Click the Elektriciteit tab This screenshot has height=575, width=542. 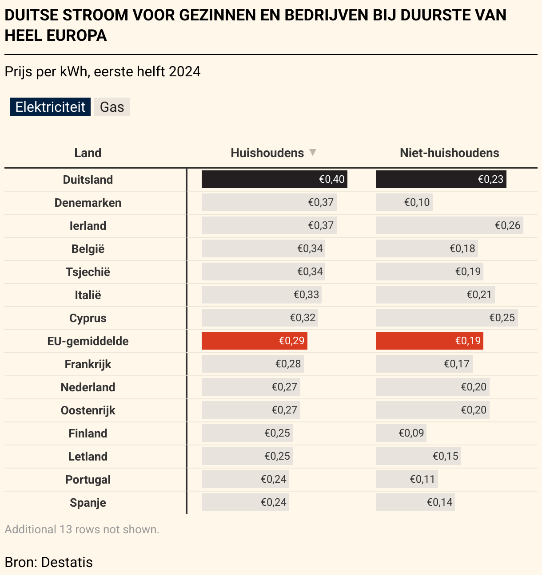pyautogui.click(x=50, y=107)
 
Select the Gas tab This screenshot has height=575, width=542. pyautogui.click(x=112, y=107)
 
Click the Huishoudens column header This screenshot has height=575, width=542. pyautogui.click(x=267, y=153)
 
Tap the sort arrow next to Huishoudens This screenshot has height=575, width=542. pyautogui.click(x=313, y=153)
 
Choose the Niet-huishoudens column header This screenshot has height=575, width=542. pyautogui.click(x=449, y=153)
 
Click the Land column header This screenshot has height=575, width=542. pyautogui.click(x=88, y=153)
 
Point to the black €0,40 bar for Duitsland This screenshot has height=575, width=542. pyautogui.click(x=274, y=179)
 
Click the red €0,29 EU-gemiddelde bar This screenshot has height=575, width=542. pyautogui.click(x=254, y=341)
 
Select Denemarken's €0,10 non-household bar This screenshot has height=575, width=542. pyautogui.click(x=404, y=202)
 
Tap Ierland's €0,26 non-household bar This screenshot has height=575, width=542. pyautogui.click(x=449, y=225)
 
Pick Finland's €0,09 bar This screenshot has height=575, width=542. pyautogui.click(x=401, y=433)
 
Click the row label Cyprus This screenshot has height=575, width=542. pyautogui.click(x=88, y=318)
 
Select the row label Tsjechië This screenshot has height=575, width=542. pyautogui.click(x=88, y=272)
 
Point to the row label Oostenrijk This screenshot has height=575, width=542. pyautogui.click(x=88, y=410)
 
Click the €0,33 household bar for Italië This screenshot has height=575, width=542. pyautogui.click(x=261, y=295)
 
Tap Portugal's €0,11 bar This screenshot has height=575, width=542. pyautogui.click(x=406, y=479)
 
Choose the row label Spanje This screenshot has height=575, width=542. pyautogui.click(x=88, y=503)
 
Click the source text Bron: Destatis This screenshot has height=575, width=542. pyautogui.click(x=49, y=562)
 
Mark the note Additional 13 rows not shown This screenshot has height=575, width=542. pyautogui.click(x=82, y=529)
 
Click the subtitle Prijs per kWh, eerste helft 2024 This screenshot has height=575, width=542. pyautogui.click(x=103, y=71)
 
